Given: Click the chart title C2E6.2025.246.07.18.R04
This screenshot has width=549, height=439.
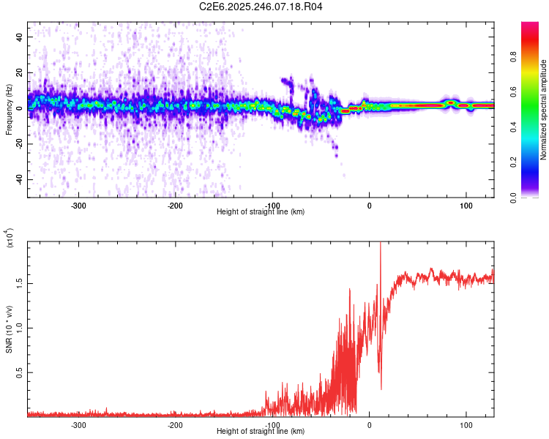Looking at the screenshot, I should coord(261,7).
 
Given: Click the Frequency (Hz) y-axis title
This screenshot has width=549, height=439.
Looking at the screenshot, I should coord(9,110).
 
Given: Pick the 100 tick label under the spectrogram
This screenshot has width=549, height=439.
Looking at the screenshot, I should coord(466,206).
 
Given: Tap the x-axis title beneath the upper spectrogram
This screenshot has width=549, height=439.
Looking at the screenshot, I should coord(261,212).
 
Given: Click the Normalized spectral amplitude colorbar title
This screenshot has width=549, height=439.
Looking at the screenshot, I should coord(543,110).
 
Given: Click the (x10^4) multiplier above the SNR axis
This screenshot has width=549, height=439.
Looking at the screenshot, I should coord(10,239).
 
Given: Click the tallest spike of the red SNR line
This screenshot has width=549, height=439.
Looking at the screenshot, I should coord(380,245).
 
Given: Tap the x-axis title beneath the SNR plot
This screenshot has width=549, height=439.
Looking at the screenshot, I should coord(261,432).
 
